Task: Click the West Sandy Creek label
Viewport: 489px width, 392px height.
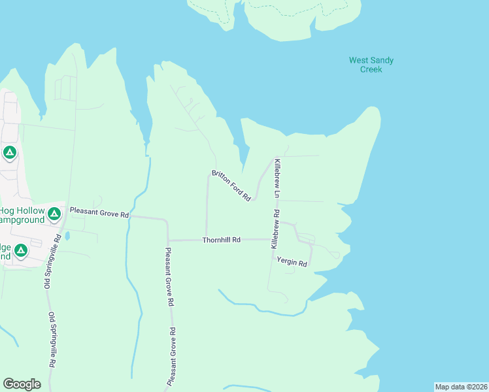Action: (x=371, y=65)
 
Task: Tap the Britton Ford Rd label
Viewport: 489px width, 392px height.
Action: (x=231, y=185)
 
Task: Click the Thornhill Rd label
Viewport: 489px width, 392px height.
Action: (x=221, y=240)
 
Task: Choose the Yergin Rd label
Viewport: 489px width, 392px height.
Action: (x=292, y=262)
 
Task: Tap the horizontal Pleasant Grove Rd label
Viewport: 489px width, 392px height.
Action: (x=99, y=214)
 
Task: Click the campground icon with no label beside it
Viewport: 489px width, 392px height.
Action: (x=9, y=153)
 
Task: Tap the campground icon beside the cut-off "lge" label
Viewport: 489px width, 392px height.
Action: (x=21, y=250)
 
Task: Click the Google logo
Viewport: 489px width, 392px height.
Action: (x=22, y=384)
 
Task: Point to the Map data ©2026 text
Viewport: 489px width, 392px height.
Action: (x=461, y=387)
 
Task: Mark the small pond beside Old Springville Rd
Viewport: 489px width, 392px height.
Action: (x=67, y=235)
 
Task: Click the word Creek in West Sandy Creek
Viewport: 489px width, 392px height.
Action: (x=371, y=69)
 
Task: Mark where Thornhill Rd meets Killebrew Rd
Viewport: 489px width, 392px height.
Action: (x=273, y=240)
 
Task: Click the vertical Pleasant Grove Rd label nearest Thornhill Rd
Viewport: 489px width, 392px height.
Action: (x=169, y=277)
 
